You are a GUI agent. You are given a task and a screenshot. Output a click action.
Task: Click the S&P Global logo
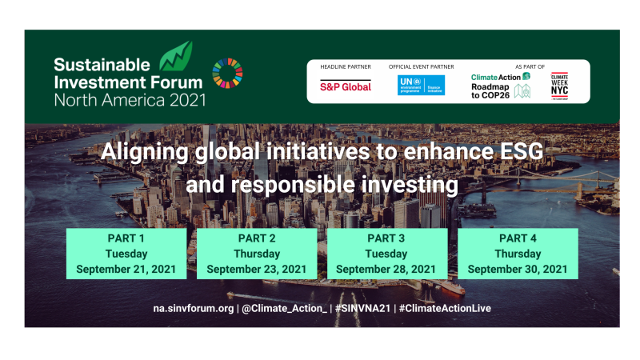click(x=346, y=86)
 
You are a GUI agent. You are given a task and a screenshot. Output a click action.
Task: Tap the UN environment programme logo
click(x=421, y=86)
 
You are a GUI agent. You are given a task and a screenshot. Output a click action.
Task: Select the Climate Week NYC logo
click(x=560, y=85)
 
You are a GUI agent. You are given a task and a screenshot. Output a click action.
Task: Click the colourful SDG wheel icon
click(x=227, y=74)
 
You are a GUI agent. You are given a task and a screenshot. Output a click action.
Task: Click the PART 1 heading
click(x=126, y=238)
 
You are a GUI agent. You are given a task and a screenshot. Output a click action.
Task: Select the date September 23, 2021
click(x=256, y=269)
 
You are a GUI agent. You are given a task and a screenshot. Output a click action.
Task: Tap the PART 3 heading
click(x=387, y=238)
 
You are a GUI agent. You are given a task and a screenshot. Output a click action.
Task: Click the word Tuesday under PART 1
click(x=126, y=254)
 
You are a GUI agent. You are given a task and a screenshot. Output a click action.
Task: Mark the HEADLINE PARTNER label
click(x=345, y=67)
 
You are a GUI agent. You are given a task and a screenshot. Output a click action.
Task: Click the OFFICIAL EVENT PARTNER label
click(x=421, y=67)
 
